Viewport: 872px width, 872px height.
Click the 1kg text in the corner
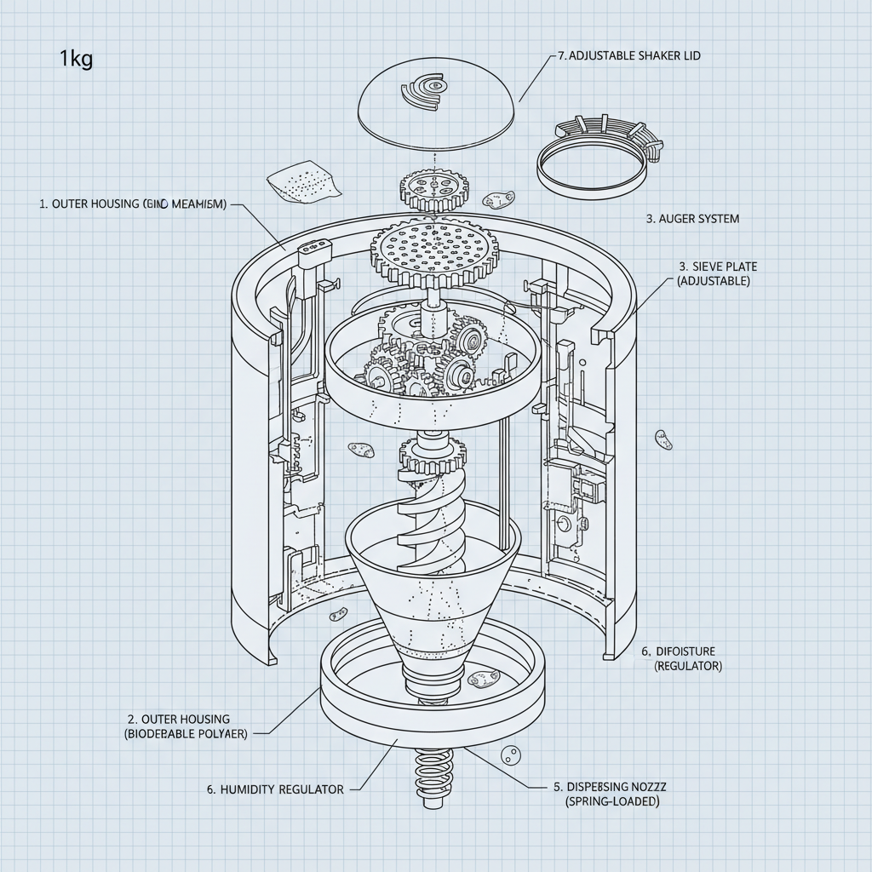(76, 60)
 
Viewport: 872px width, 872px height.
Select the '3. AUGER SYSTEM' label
(692, 219)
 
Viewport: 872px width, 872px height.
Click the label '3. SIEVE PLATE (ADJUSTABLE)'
(714, 274)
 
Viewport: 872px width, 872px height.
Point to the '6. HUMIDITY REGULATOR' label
(276, 789)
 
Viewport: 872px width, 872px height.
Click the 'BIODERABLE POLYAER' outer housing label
(186, 733)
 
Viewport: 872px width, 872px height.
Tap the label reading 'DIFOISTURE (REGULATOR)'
(681, 658)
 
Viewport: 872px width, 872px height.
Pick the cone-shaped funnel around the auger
(433, 596)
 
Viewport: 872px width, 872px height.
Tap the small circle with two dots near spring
(511, 754)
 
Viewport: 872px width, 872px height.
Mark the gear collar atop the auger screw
(432, 456)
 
